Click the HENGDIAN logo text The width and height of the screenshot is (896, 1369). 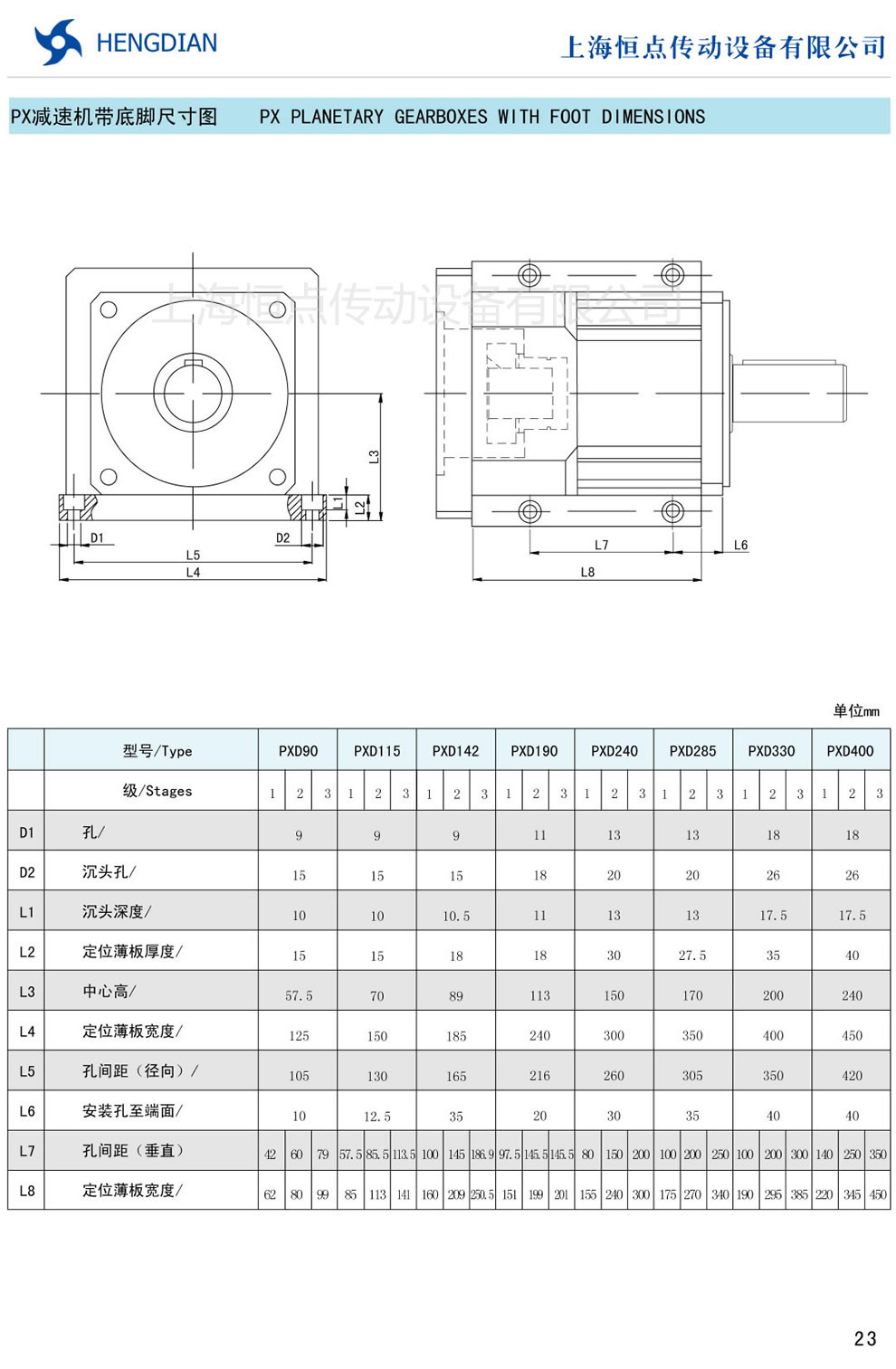pos(156,43)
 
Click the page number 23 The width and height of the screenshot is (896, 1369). pos(864,1338)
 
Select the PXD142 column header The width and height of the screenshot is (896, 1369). pos(455,751)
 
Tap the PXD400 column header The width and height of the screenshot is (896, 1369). pos(850,751)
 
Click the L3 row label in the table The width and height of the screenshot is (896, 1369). pos(27,992)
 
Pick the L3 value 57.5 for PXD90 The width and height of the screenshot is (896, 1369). pos(299,995)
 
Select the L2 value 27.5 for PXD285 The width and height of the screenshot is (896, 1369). pos(692,955)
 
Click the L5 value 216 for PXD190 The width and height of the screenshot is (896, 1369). pos(539,1076)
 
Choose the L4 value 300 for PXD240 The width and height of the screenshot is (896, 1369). pos(614,1035)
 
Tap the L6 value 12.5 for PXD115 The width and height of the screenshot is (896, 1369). pos(377,1116)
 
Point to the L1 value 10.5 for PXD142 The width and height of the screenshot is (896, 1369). pos(455,916)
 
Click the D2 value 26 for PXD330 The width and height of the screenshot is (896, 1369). pos(772,875)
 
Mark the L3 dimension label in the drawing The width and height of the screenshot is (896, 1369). pos(374,457)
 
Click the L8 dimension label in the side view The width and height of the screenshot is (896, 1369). pos(587,572)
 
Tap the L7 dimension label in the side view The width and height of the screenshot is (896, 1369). pos(601,545)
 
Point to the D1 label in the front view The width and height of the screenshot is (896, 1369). pos(97,538)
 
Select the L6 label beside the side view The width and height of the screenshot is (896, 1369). pos(740,545)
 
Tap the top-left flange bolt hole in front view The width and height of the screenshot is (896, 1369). pos(109,310)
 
